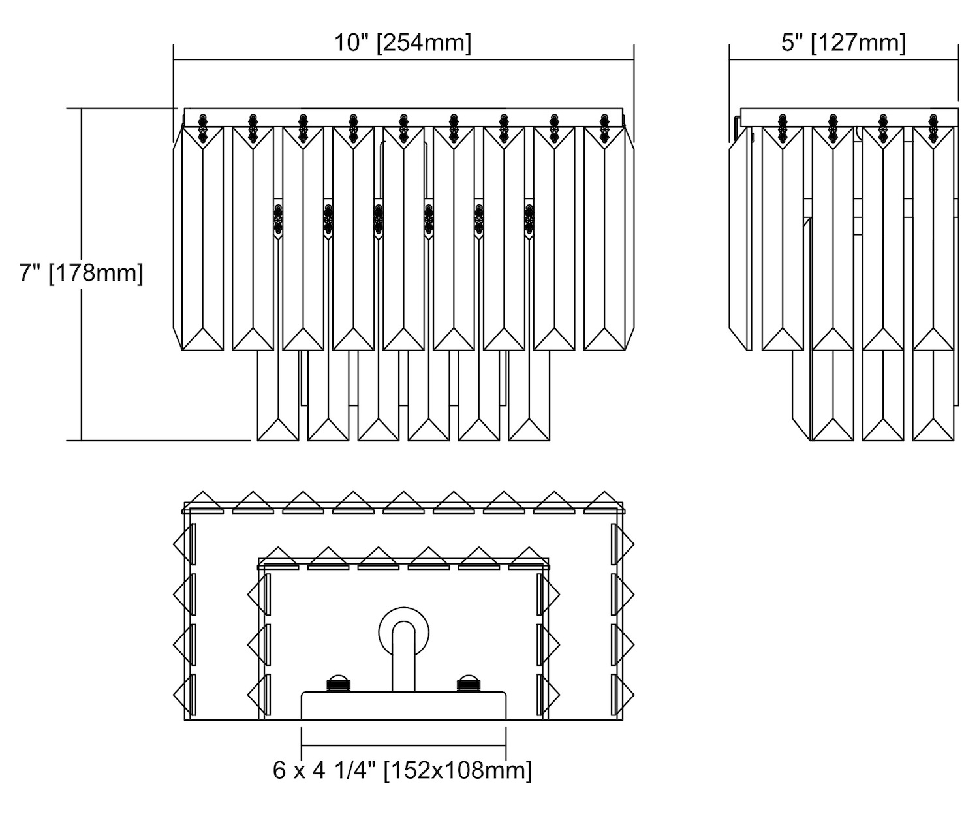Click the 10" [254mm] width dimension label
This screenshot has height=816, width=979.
(403, 43)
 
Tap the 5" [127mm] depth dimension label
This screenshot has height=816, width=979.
(843, 43)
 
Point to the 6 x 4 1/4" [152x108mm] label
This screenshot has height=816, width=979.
(402, 770)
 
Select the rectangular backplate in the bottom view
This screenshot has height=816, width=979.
(403, 706)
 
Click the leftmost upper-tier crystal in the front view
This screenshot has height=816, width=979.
(202, 238)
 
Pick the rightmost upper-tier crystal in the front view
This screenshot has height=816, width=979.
(604, 238)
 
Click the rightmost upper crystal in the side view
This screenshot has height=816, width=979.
(933, 238)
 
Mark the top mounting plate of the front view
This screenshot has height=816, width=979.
(403, 117)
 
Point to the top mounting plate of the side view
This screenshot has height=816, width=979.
(848, 117)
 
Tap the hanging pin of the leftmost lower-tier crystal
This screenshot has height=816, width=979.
(279, 219)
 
